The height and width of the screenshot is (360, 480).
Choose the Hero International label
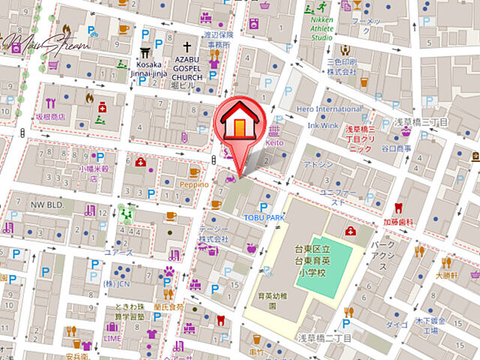pyautogui.click(x=328, y=109)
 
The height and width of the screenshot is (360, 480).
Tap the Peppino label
pyautogui.click(x=193, y=184)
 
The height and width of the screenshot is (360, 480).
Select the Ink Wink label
pyautogui.click(x=323, y=125)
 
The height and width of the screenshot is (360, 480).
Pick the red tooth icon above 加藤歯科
pyautogui.click(x=399, y=208)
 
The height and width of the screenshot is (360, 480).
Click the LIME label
pyautogui.click(x=112, y=338)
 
